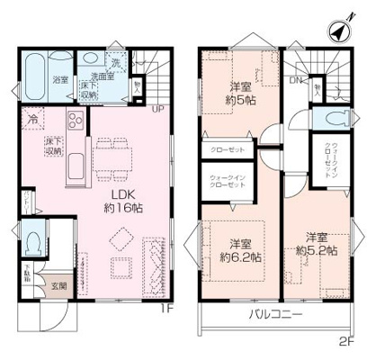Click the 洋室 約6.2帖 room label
pyautogui.click(x=239, y=249)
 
